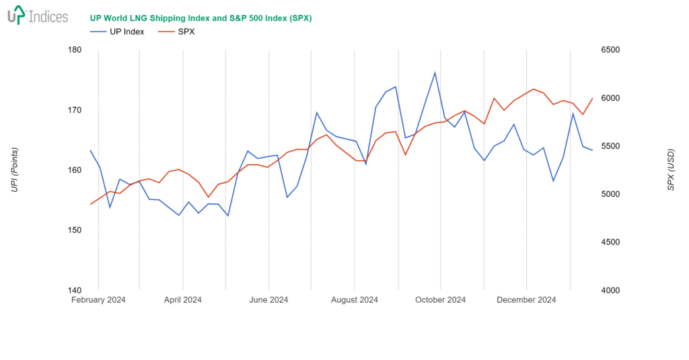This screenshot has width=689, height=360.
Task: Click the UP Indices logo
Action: [x=38, y=15]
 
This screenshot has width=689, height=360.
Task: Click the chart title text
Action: [x=201, y=18]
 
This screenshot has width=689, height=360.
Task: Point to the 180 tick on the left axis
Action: [x=75, y=50]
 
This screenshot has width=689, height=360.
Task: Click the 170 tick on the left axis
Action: [x=75, y=110]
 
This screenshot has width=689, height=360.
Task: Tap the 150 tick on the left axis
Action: [x=75, y=230]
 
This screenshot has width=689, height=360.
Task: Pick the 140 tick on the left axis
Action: [x=75, y=290]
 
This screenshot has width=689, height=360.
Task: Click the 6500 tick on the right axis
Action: [x=610, y=50]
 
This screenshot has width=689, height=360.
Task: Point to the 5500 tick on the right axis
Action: [x=610, y=146]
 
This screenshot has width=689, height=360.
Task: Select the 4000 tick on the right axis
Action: [x=610, y=290]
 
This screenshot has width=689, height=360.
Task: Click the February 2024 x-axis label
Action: [x=98, y=300]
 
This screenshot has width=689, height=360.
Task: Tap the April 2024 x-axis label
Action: [x=182, y=300]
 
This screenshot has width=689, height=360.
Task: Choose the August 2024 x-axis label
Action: [x=355, y=300]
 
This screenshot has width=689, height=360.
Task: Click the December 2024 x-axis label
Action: [x=526, y=300]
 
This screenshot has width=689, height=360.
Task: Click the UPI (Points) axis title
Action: [x=14, y=170]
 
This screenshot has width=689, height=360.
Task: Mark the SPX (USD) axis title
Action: [x=670, y=170]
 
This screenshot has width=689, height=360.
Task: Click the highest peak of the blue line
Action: [x=435, y=73]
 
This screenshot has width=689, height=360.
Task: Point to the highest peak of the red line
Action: [x=534, y=89]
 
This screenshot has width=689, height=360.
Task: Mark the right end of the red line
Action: [x=593, y=98]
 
